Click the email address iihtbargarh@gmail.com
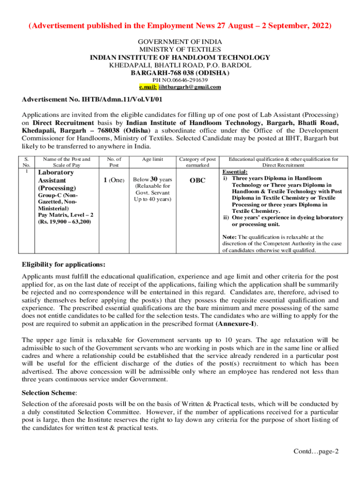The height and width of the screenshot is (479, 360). (189, 87)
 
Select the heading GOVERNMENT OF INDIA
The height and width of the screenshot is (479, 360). (180, 42)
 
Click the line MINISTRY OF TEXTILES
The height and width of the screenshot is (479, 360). (180, 50)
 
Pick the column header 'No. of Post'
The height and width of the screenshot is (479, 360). (114, 162)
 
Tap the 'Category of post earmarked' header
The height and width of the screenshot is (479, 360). (197, 162)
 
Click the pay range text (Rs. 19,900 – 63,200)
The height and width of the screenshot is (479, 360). (65, 221)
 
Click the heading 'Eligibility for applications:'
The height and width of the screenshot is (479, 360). (64, 264)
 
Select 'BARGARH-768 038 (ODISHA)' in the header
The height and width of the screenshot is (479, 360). (180, 73)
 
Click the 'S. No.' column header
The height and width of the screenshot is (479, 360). (27, 162)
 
